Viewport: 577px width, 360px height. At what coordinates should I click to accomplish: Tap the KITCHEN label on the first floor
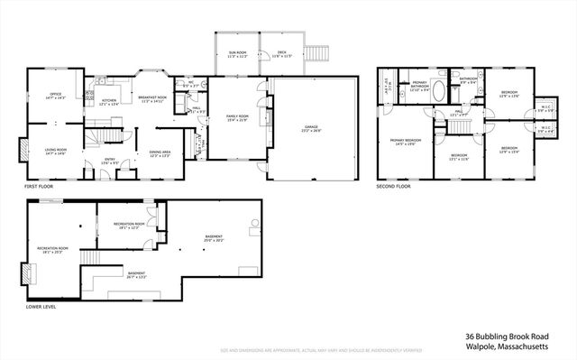[x=107, y=101]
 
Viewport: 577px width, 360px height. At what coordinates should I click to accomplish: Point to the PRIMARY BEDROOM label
[x=405, y=142]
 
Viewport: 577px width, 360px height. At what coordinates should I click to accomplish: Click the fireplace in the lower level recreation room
[x=24, y=274]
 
